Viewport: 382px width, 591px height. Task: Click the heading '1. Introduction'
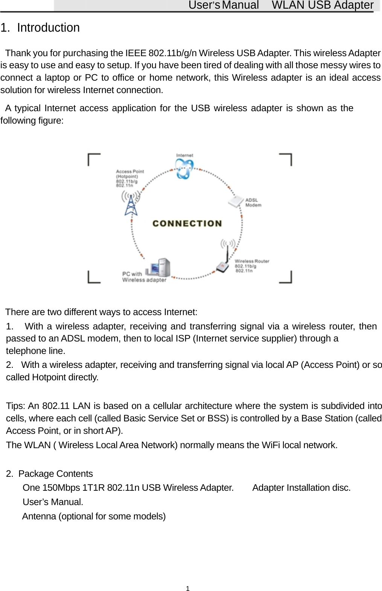pos(40,28)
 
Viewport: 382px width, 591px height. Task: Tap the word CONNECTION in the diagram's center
pos(187,224)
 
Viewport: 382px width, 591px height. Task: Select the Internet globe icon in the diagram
pos(184,168)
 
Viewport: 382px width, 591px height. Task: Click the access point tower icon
pos(131,203)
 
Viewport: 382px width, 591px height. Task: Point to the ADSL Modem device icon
pos(236,201)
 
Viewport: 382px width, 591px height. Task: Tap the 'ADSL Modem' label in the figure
pos(253,202)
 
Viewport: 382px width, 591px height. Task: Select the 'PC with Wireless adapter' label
pos(144,277)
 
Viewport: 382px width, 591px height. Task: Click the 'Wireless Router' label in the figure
pos(252,266)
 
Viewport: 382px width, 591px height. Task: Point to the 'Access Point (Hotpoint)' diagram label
pos(129,178)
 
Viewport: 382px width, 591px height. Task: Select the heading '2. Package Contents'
pos(50,474)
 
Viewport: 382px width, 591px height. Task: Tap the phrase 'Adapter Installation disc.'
pos(301,488)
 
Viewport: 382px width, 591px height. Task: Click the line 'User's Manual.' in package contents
pos(53,502)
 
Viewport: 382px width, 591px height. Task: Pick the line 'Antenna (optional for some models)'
pos(94,516)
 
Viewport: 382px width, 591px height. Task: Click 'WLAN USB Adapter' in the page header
pos(322,5)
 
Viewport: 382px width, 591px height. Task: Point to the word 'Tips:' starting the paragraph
pos(15,406)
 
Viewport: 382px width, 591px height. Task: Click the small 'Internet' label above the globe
pos(184,155)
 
